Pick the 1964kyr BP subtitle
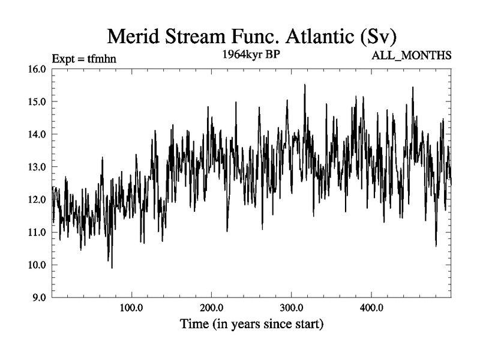click(x=252, y=55)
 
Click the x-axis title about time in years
click(x=252, y=325)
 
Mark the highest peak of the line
click(x=305, y=85)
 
